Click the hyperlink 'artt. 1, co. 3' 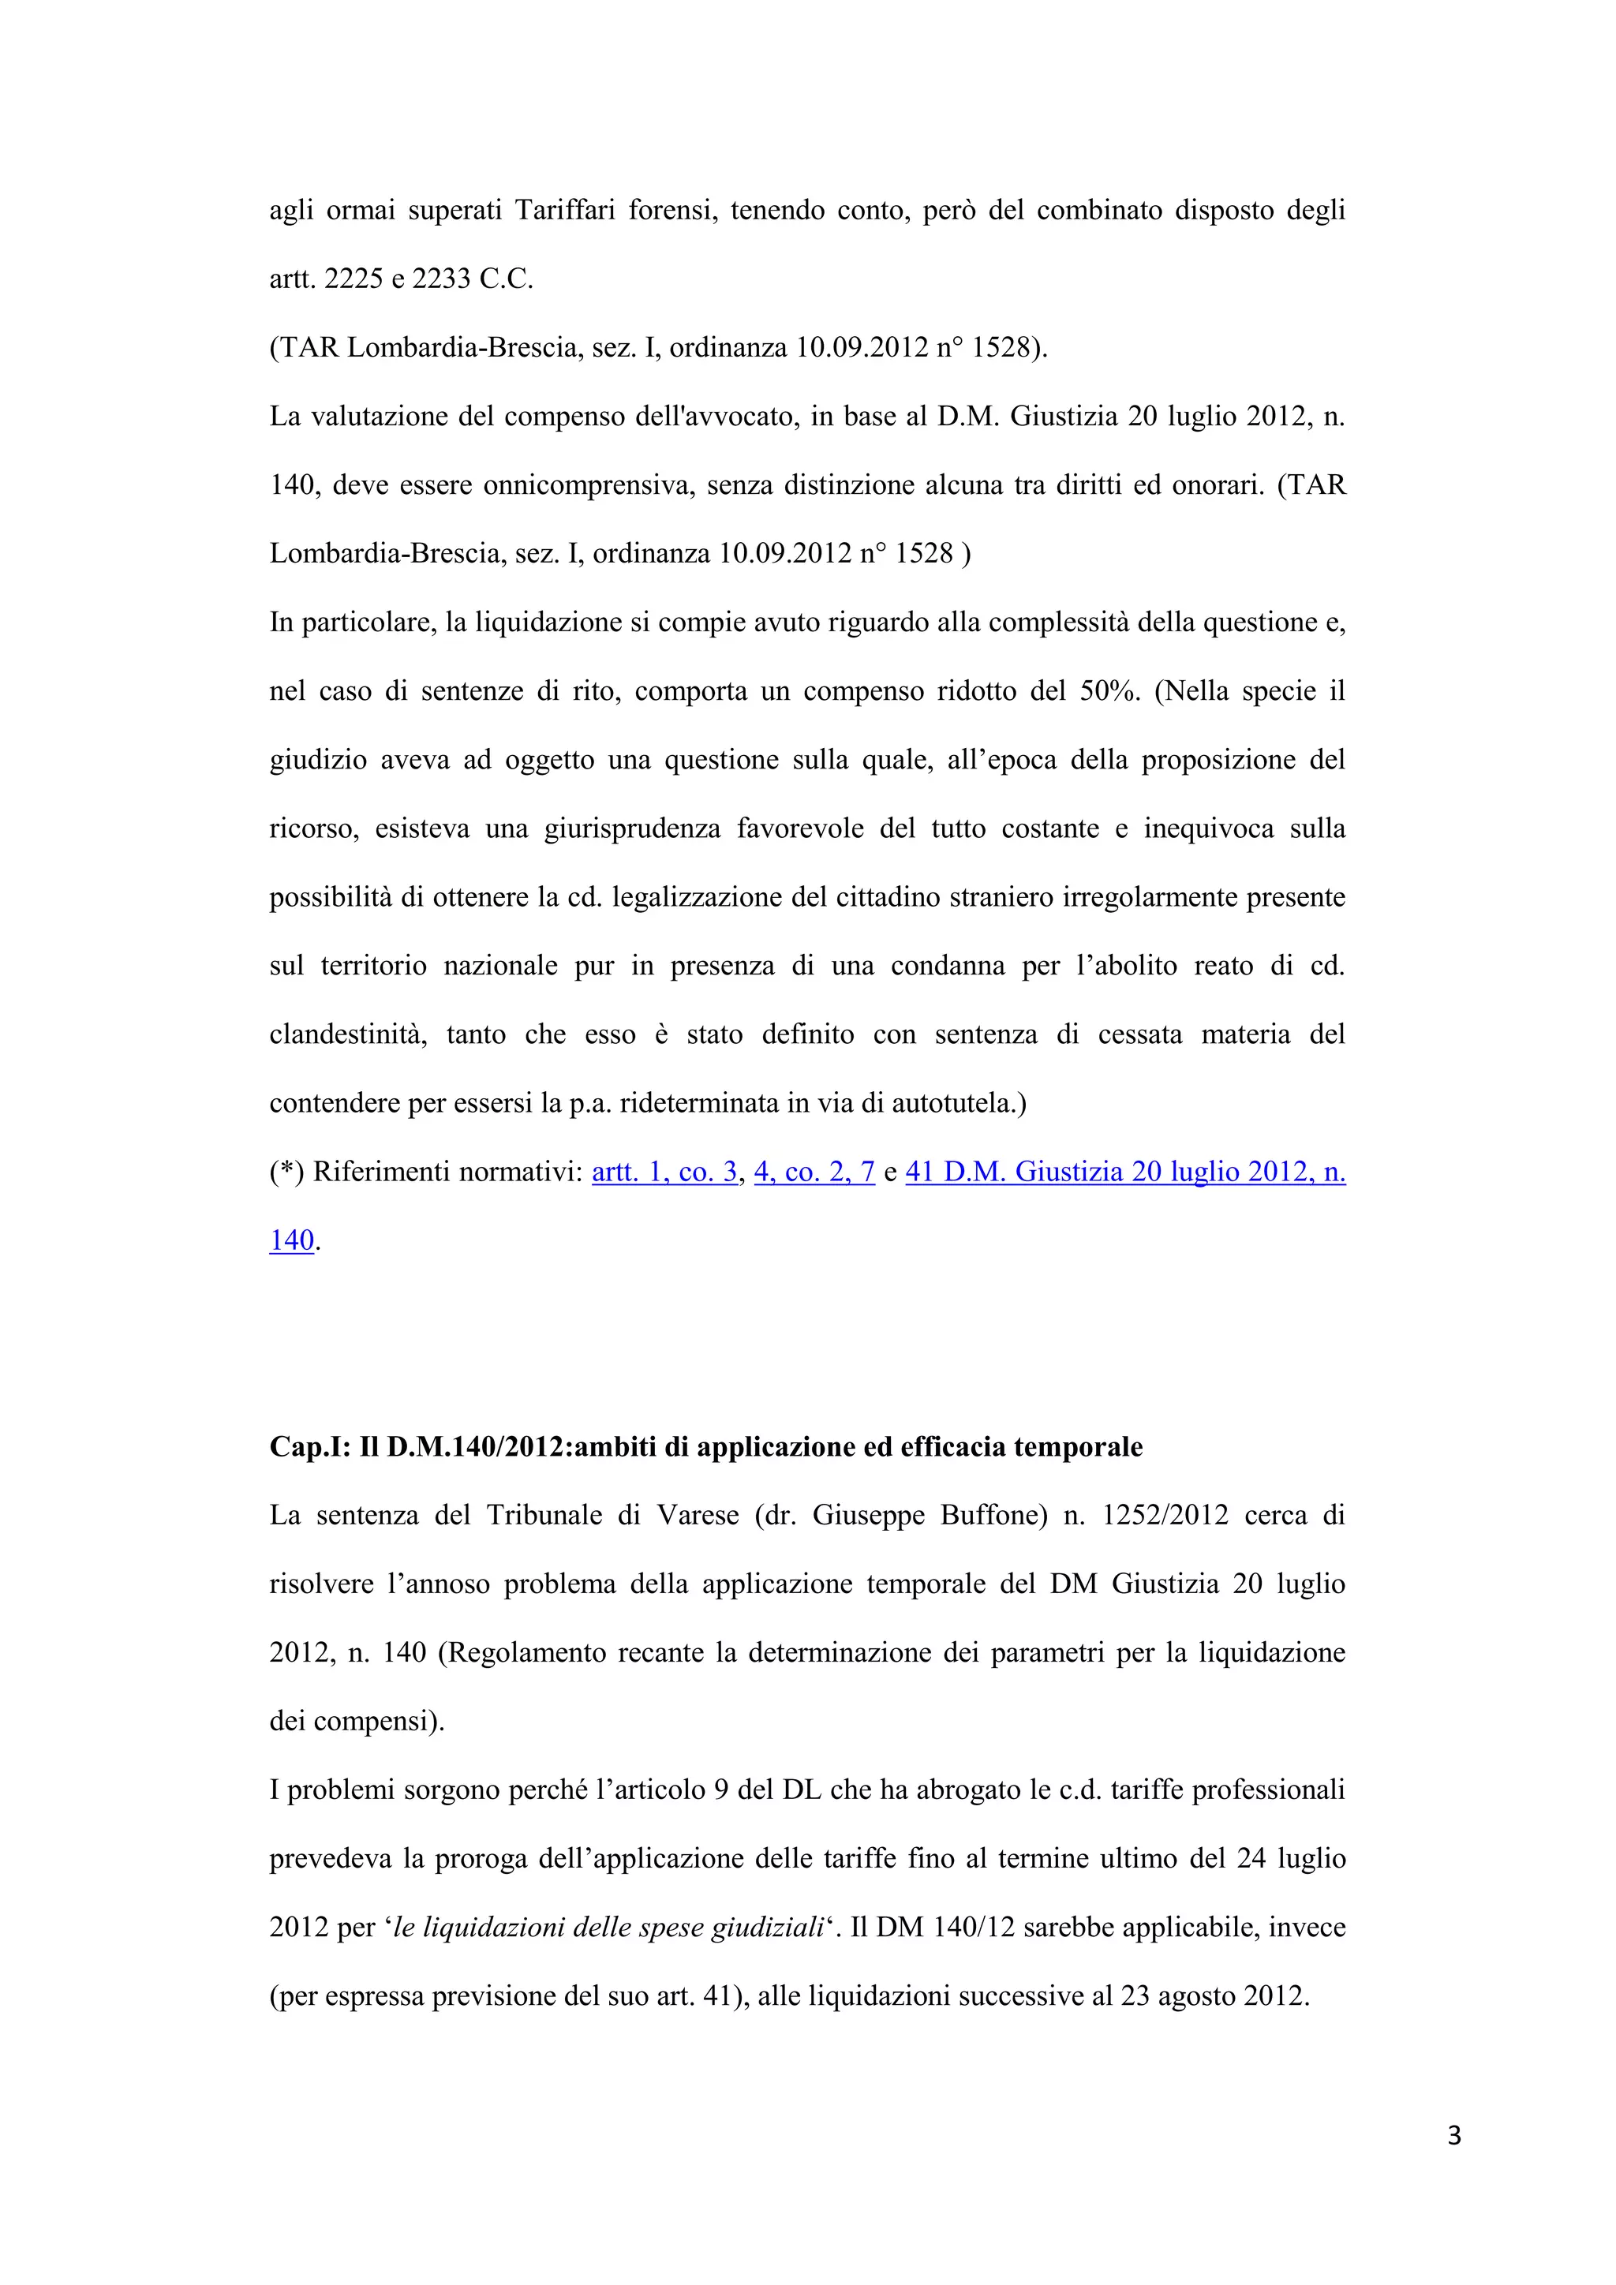tap(664, 1172)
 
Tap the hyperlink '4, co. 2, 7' tap(814, 1172)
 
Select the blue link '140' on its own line tap(291, 1241)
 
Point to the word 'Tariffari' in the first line tap(564, 211)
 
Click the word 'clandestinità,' tap(348, 1035)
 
